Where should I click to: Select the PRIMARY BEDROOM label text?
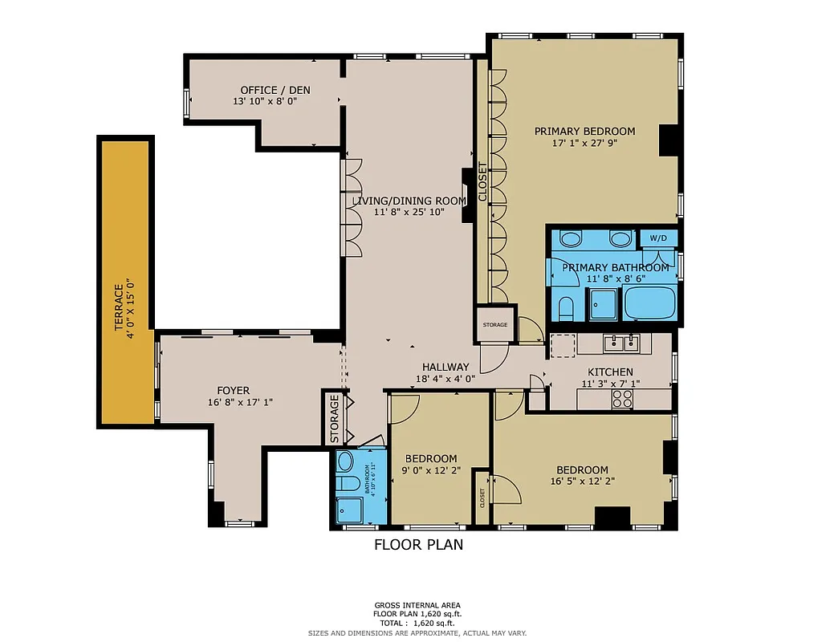pyautogui.click(x=584, y=132)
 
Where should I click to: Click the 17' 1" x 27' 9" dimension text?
pyautogui.click(x=584, y=144)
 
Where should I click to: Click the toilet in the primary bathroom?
pyautogui.click(x=564, y=307)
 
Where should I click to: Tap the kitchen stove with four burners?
pyautogui.click(x=623, y=399)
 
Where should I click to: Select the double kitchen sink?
pyautogui.click(x=624, y=343)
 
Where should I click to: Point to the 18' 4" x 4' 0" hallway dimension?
pyautogui.click(x=445, y=379)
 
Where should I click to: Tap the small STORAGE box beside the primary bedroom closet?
pyautogui.click(x=494, y=324)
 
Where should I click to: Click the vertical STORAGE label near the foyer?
pyautogui.click(x=335, y=419)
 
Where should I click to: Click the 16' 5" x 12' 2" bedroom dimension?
pyautogui.click(x=582, y=481)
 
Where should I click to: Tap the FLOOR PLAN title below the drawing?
pyautogui.click(x=418, y=545)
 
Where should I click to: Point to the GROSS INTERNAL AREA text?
pyautogui.click(x=417, y=606)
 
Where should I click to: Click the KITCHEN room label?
pyautogui.click(x=610, y=372)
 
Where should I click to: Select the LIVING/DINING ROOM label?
pyautogui.click(x=409, y=201)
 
